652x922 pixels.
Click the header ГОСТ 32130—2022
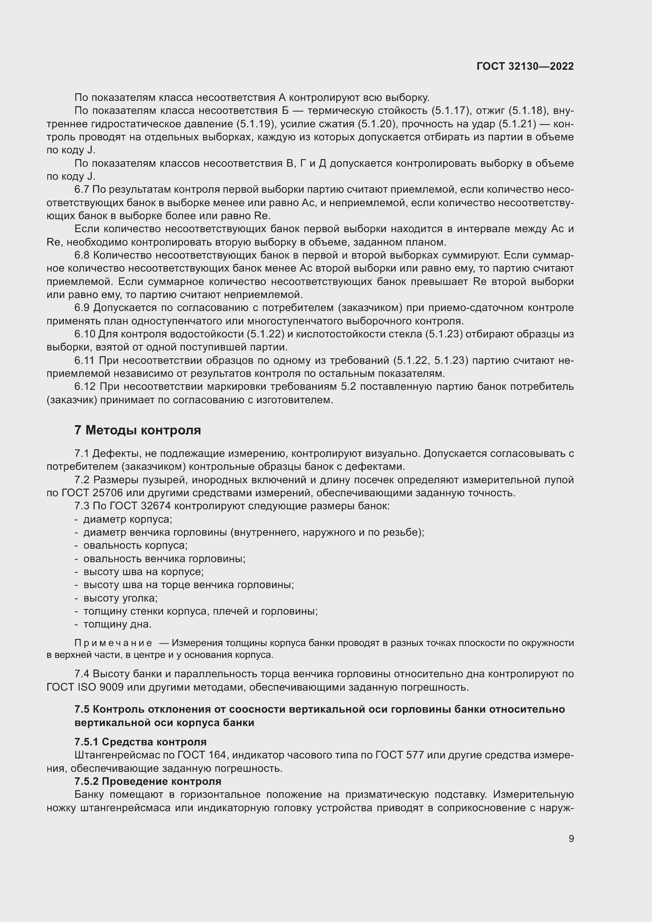pos(525,66)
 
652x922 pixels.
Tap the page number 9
pos(571,839)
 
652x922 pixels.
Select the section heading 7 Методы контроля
pos(137,430)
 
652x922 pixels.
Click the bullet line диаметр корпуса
pos(127,519)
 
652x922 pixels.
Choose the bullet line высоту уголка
pos(120,598)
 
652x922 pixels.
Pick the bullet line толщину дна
pos(117,624)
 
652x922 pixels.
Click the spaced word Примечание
pos(113,643)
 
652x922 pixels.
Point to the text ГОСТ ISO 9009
pos(85,687)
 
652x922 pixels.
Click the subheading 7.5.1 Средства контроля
pos(140,741)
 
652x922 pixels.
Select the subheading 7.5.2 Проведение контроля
pos(147,781)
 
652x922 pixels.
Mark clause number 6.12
pos(85,387)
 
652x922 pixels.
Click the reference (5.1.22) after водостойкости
pos(266,334)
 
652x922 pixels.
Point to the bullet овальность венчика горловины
pos(164,559)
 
